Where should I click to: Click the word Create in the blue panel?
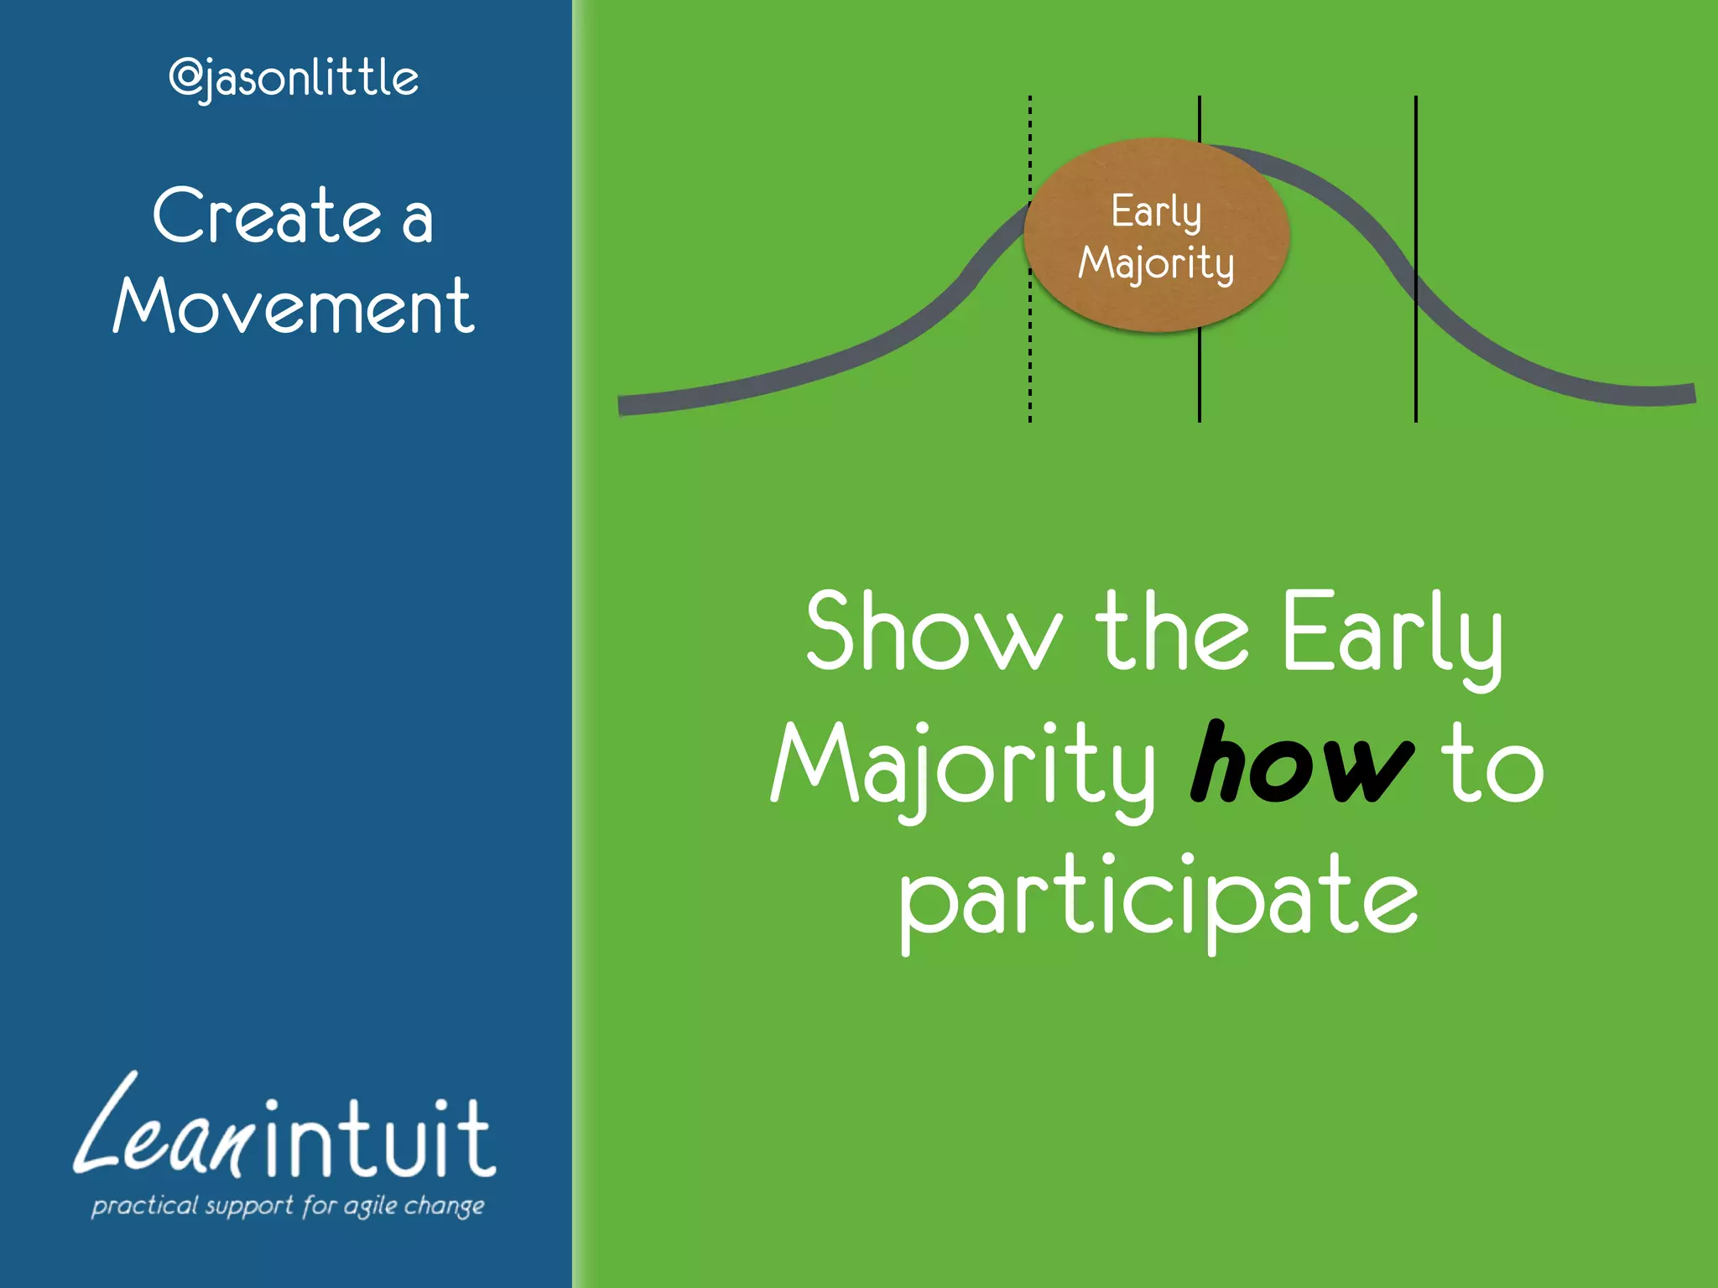pyautogui.click(x=268, y=216)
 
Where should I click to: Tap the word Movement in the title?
pyautogui.click(x=294, y=306)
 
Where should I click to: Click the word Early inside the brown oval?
pyautogui.click(x=1156, y=210)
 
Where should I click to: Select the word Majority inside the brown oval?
pyautogui.click(x=1156, y=263)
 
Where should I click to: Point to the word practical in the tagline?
pyautogui.click(x=144, y=1206)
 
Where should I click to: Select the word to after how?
pyautogui.click(x=1492, y=763)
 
